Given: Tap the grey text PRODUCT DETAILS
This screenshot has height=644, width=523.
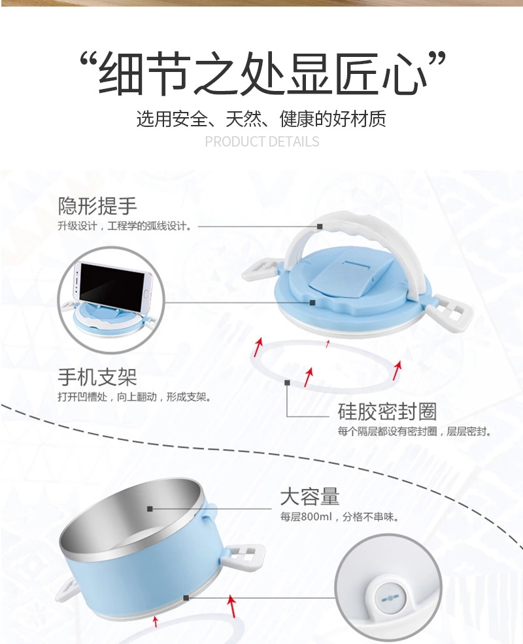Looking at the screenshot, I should click(x=261, y=141).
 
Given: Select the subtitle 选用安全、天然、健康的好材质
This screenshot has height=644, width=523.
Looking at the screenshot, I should click(x=261, y=118).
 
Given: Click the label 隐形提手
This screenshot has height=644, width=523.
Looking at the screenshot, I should click(x=97, y=206).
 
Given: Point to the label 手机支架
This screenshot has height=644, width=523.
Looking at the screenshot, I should click(x=97, y=377).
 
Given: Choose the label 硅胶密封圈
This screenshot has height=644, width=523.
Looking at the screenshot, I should click(x=387, y=412).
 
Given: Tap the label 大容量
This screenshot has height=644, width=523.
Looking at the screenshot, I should click(x=310, y=496).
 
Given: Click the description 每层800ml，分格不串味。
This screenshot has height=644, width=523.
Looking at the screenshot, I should click(x=339, y=517).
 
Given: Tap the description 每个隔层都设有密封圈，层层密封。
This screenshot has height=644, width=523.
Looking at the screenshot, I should click(x=414, y=432).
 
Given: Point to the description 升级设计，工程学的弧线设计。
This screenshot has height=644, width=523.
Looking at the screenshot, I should click(x=124, y=226).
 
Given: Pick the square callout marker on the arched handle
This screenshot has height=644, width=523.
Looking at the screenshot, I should click(x=320, y=226).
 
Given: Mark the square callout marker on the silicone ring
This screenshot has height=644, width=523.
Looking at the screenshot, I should click(x=287, y=382).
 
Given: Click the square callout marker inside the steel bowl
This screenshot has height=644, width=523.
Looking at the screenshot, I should click(x=150, y=509).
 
